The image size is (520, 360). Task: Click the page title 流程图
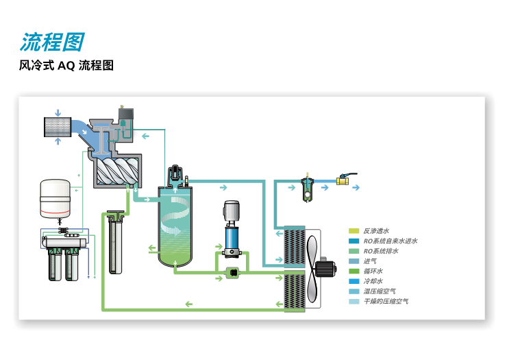[51, 43]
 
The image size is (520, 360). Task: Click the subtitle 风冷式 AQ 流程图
[66, 66]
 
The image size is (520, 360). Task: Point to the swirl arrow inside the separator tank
[177, 207]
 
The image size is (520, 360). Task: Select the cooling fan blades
[312, 267]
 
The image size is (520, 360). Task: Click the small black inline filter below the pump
[232, 274]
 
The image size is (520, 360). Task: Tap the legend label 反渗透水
[376, 231]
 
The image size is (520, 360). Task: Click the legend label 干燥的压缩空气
[385, 301]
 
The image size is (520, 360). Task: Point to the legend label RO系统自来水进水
[390, 241]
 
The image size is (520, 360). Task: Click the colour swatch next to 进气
[354, 261]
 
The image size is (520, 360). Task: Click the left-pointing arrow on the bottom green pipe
[188, 304]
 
